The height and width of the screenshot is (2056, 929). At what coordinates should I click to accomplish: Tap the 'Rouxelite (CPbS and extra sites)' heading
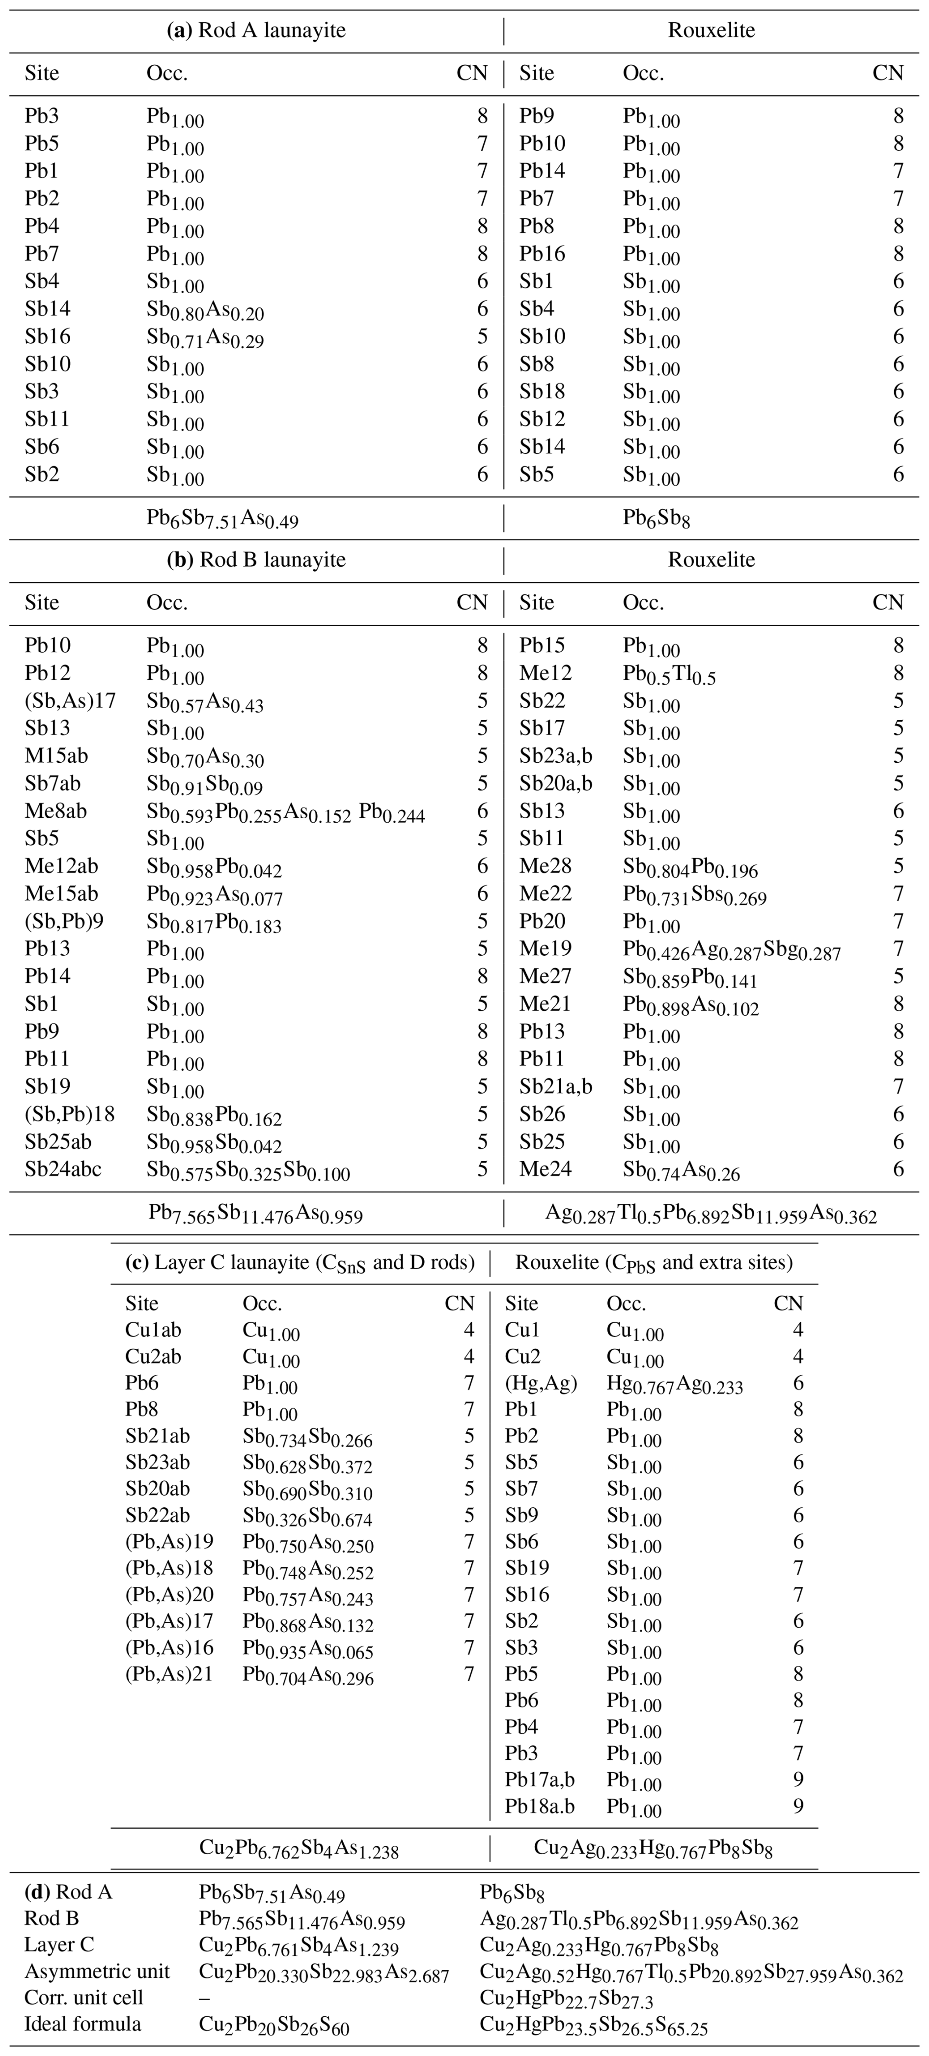pyautogui.click(x=654, y=1263)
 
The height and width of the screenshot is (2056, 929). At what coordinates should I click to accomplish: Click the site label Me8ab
pyautogui.click(x=56, y=811)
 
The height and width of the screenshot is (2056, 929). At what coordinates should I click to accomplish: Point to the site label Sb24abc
pyautogui.click(x=63, y=1169)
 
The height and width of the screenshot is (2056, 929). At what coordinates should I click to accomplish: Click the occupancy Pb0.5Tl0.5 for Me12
pyautogui.click(x=669, y=675)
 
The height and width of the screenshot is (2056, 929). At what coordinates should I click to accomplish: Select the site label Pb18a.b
pyautogui.click(x=540, y=1806)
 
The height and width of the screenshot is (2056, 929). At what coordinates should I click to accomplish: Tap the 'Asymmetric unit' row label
pyautogui.click(x=97, y=1972)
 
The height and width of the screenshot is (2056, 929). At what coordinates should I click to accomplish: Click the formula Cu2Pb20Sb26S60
pyautogui.click(x=274, y=2026)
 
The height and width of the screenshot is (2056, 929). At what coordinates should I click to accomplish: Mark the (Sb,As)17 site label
pyautogui.click(x=70, y=701)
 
